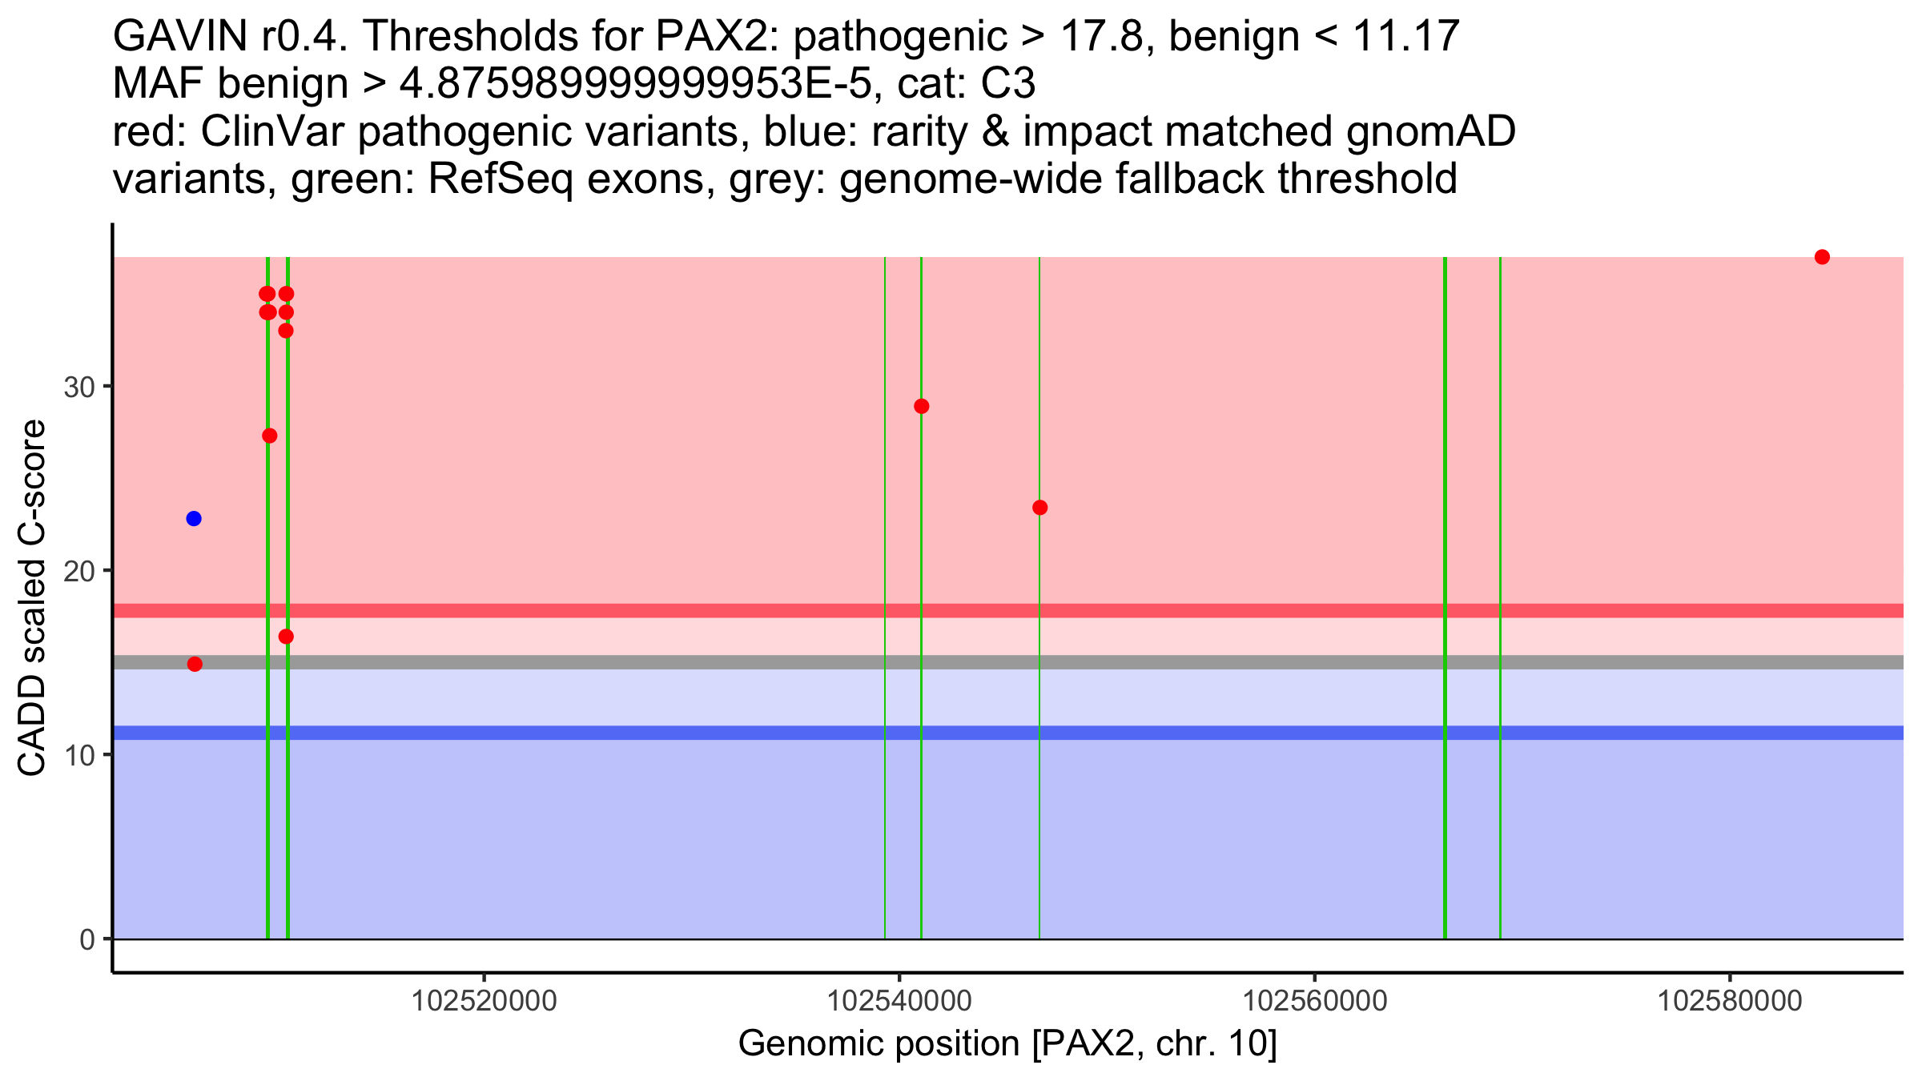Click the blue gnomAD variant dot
[194, 519]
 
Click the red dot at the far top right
[1822, 257]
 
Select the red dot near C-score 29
[922, 406]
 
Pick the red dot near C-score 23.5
[1040, 508]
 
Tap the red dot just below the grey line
[195, 664]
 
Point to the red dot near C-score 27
[270, 436]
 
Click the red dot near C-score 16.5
[286, 637]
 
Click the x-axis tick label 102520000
[484, 1001]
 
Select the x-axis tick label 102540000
[899, 1001]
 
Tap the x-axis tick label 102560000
[1314, 1001]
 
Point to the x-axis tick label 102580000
[1730, 1001]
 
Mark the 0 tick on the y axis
[87, 939]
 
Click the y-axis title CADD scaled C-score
[32, 599]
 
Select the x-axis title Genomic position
[1007, 1044]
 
